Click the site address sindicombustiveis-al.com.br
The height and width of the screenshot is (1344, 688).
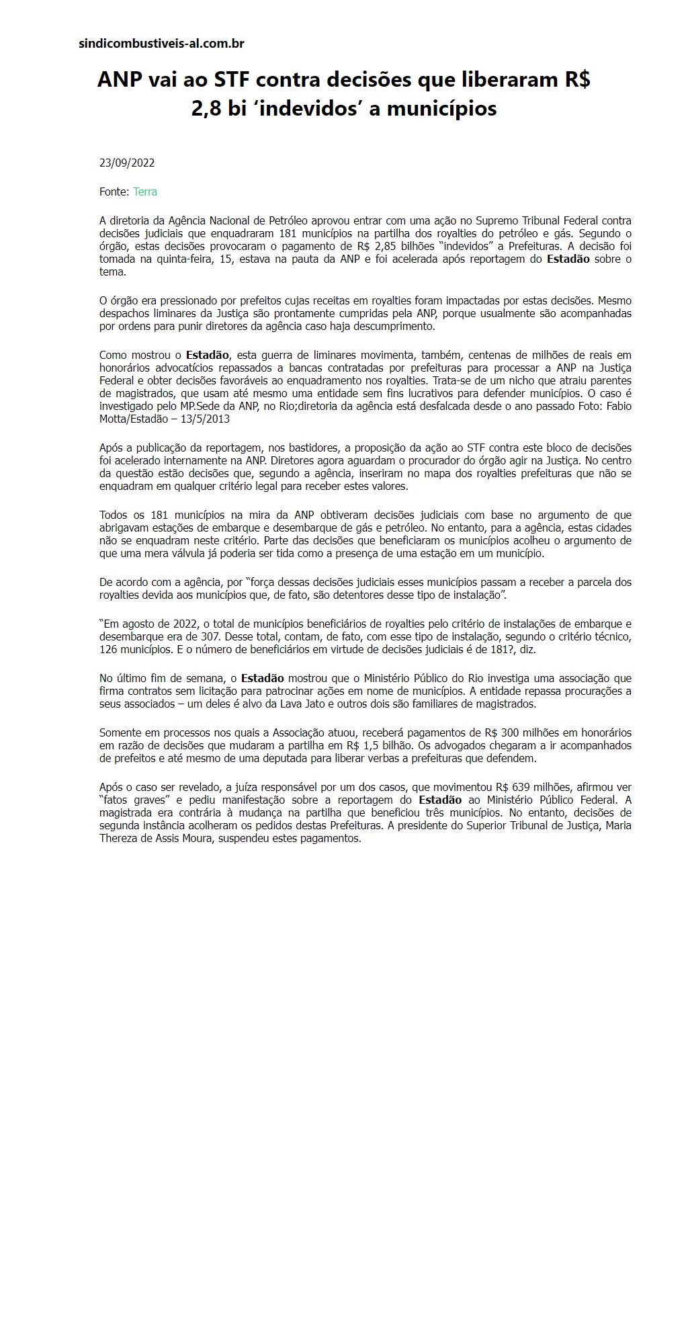pos(161,44)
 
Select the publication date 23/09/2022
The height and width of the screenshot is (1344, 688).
pos(127,163)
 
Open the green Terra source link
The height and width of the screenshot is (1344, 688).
pos(145,192)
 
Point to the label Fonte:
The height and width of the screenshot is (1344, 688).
pos(114,192)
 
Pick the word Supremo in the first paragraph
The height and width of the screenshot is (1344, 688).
pos(496,220)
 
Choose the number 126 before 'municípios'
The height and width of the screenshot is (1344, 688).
pos(108,649)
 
